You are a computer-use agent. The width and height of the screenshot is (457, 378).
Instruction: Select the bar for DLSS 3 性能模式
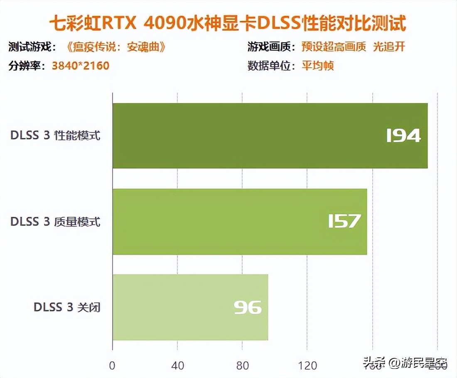click(x=270, y=135)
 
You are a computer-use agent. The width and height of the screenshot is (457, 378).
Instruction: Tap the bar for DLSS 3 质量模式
click(x=240, y=221)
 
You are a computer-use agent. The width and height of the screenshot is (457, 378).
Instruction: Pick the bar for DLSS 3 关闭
click(x=190, y=307)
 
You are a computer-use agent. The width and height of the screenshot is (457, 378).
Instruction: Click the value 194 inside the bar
click(x=403, y=136)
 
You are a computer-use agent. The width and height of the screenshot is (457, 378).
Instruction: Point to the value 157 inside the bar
click(x=344, y=221)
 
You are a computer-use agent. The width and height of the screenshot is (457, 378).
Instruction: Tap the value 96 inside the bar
click(x=248, y=307)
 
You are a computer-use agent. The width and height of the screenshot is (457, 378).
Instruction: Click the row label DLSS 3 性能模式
click(x=56, y=136)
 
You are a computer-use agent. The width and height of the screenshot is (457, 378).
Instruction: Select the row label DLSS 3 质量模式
click(x=56, y=222)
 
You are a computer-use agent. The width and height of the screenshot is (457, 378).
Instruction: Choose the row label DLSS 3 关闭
click(x=67, y=308)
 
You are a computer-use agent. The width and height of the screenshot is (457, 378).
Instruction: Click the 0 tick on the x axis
click(x=112, y=366)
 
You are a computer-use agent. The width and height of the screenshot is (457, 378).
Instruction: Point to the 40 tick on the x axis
click(x=177, y=366)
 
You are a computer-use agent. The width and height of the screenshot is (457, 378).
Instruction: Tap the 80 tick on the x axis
click(x=242, y=366)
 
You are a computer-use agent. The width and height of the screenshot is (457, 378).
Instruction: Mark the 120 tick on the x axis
click(x=307, y=366)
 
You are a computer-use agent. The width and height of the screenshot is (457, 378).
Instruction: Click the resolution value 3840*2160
click(x=81, y=66)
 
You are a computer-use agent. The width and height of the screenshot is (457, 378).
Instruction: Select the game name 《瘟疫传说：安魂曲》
click(x=116, y=47)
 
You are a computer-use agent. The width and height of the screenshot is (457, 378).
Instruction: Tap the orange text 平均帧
click(x=318, y=66)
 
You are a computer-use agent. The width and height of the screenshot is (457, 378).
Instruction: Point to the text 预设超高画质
click(x=334, y=47)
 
